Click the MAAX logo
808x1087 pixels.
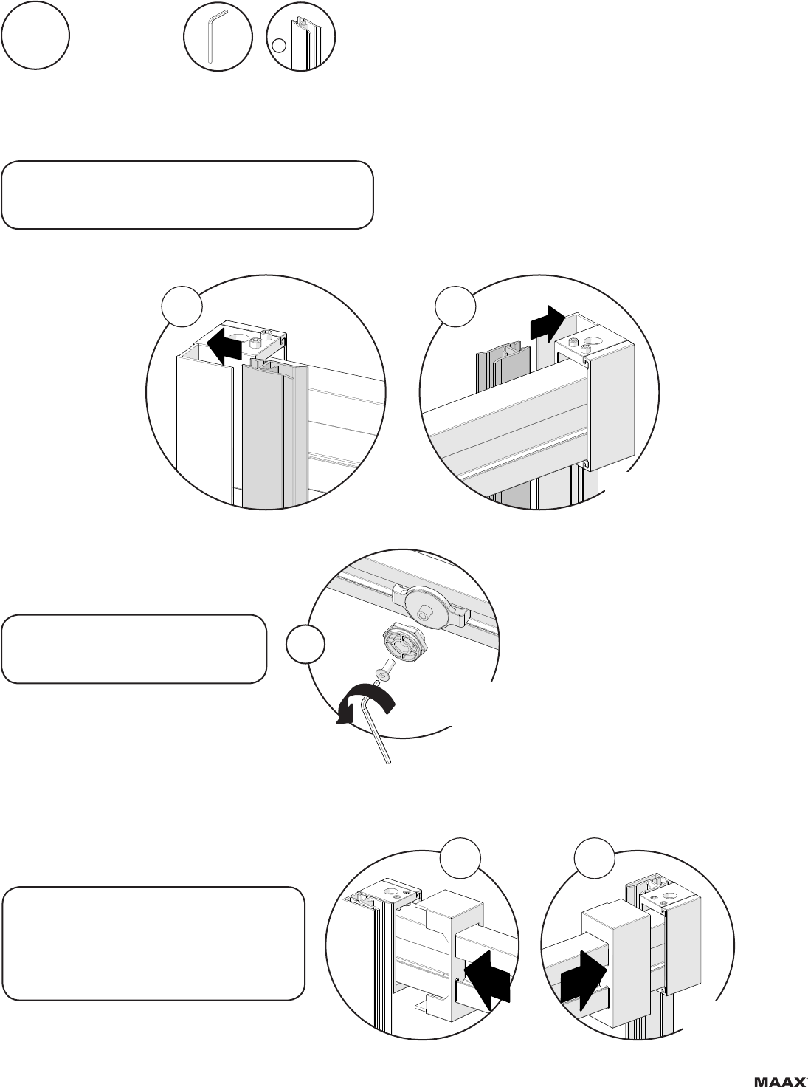[x=781, y=1077]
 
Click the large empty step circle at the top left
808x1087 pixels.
[x=35, y=35]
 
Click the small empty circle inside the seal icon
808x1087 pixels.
[x=278, y=46]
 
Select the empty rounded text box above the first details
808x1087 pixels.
[x=187, y=194]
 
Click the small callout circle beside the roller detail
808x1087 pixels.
[x=305, y=645]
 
